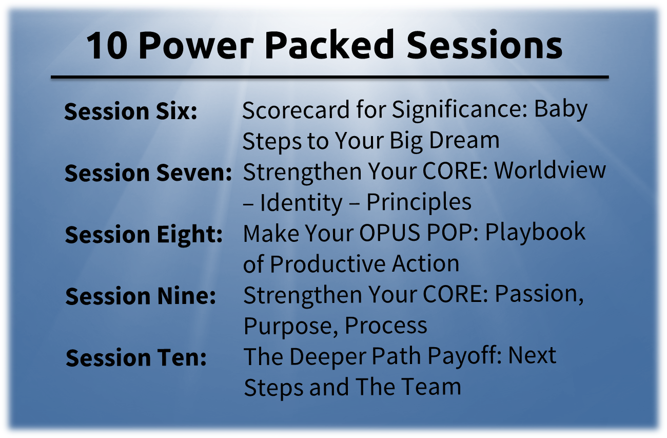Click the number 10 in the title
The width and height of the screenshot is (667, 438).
coord(106,46)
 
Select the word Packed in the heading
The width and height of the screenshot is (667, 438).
coord(329,44)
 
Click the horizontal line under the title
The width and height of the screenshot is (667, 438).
coord(329,77)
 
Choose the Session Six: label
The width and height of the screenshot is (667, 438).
coord(131,111)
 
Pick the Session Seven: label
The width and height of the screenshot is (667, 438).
coord(148,173)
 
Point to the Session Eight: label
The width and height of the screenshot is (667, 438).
coord(144,235)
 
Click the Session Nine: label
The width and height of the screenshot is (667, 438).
coord(141,296)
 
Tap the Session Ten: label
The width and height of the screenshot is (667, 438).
coord(136,357)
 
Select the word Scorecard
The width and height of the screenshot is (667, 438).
coord(296,110)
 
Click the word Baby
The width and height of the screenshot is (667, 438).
coord(560,110)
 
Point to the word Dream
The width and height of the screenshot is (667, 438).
coord(464,140)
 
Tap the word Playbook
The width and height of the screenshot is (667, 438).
coord(535,233)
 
